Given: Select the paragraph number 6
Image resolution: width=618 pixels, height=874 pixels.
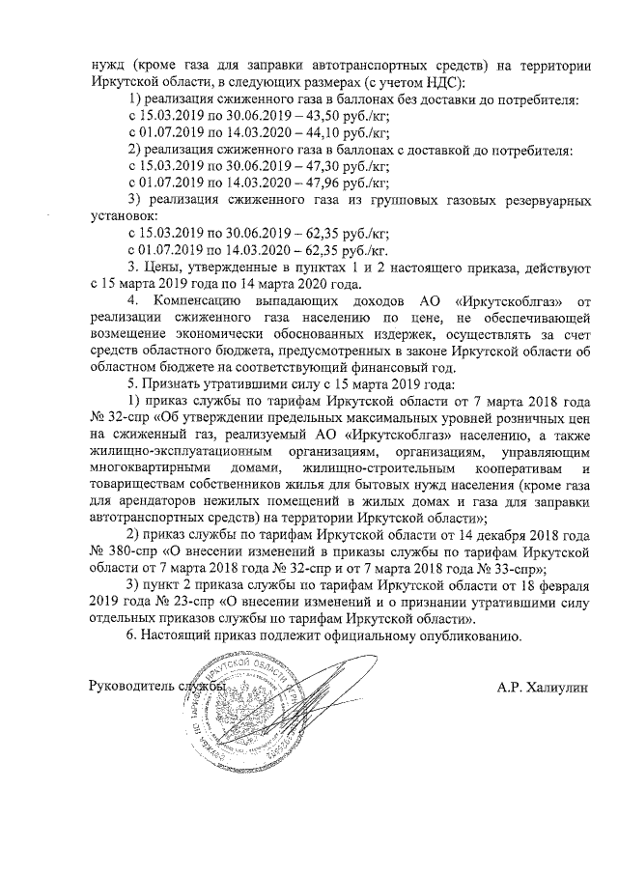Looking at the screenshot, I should coord(132,635).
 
